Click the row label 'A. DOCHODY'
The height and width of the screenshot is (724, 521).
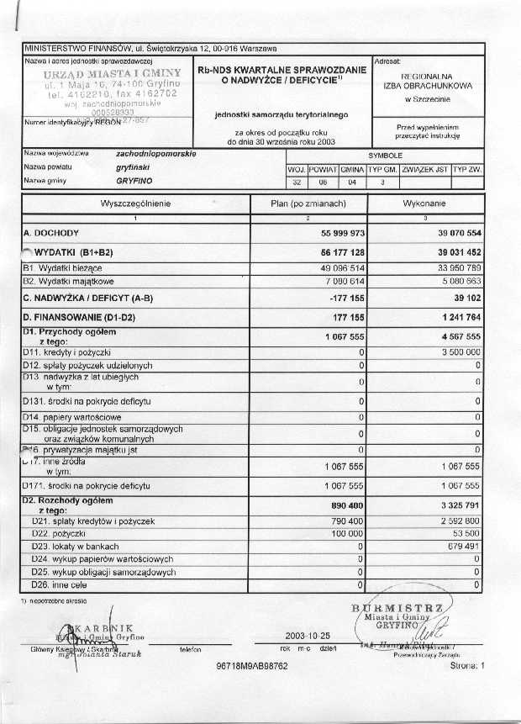[51, 232]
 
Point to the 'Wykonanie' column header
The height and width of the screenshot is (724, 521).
[428, 203]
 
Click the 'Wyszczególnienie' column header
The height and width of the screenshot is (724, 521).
[135, 203]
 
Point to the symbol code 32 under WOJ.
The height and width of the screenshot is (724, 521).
[297, 182]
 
